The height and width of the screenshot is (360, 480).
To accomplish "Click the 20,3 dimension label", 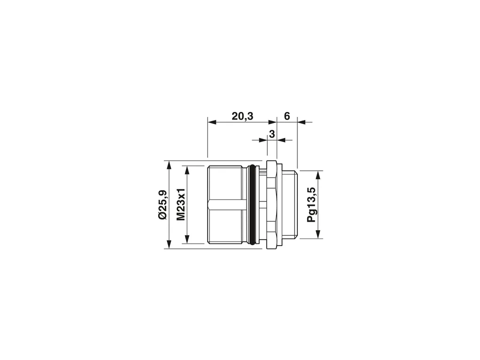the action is point(242,116).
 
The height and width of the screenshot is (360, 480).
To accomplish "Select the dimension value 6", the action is point(287,116).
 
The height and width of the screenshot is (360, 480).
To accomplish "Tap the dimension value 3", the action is point(272,134).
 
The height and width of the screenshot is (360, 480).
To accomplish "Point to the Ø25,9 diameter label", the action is point(163,205).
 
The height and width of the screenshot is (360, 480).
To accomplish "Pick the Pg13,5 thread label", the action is point(312,205).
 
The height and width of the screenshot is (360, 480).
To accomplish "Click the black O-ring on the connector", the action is point(252,205).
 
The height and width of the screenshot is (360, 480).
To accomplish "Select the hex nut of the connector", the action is point(272,205).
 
